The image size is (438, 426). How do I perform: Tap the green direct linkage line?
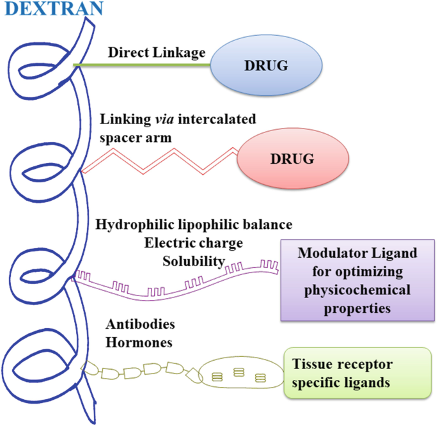[x=141, y=65]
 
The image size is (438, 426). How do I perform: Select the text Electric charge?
[x=193, y=244]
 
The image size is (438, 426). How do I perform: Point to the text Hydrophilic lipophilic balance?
[x=193, y=225]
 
